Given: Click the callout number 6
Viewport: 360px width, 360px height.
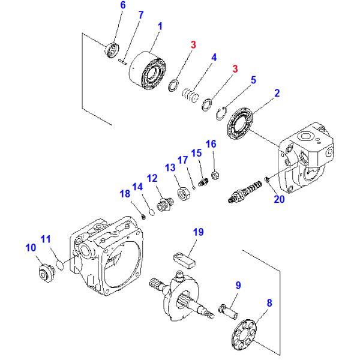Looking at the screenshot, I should pyautogui.click(x=122, y=5).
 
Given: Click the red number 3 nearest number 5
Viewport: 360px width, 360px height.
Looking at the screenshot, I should pyautogui.click(x=235, y=69).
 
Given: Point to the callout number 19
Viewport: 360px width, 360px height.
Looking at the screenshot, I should pyautogui.click(x=199, y=232).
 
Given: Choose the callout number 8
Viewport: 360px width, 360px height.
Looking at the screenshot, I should pyautogui.click(x=269, y=303).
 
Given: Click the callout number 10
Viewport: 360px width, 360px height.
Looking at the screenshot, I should pyautogui.click(x=30, y=247).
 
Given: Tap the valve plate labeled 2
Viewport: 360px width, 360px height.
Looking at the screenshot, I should pyautogui.click(x=242, y=124).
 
